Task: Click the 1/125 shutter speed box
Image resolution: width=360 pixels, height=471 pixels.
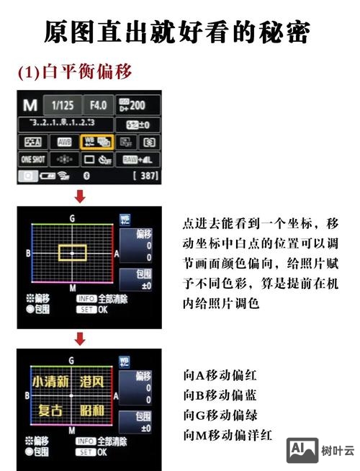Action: point(63,105)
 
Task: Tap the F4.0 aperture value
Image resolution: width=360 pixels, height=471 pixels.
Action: point(98,105)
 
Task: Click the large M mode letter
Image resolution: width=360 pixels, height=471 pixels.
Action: point(30,105)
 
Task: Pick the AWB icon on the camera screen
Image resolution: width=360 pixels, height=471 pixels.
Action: point(65,142)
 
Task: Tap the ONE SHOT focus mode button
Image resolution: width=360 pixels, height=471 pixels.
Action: point(33,159)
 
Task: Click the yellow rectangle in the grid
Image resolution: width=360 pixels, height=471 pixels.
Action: point(73,252)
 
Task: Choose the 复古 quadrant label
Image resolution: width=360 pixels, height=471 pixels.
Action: point(50,411)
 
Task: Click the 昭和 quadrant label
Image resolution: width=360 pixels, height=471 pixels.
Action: point(91,411)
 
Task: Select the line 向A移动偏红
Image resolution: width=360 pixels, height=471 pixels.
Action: point(220,375)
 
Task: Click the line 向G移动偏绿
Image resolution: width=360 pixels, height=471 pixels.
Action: point(220,416)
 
